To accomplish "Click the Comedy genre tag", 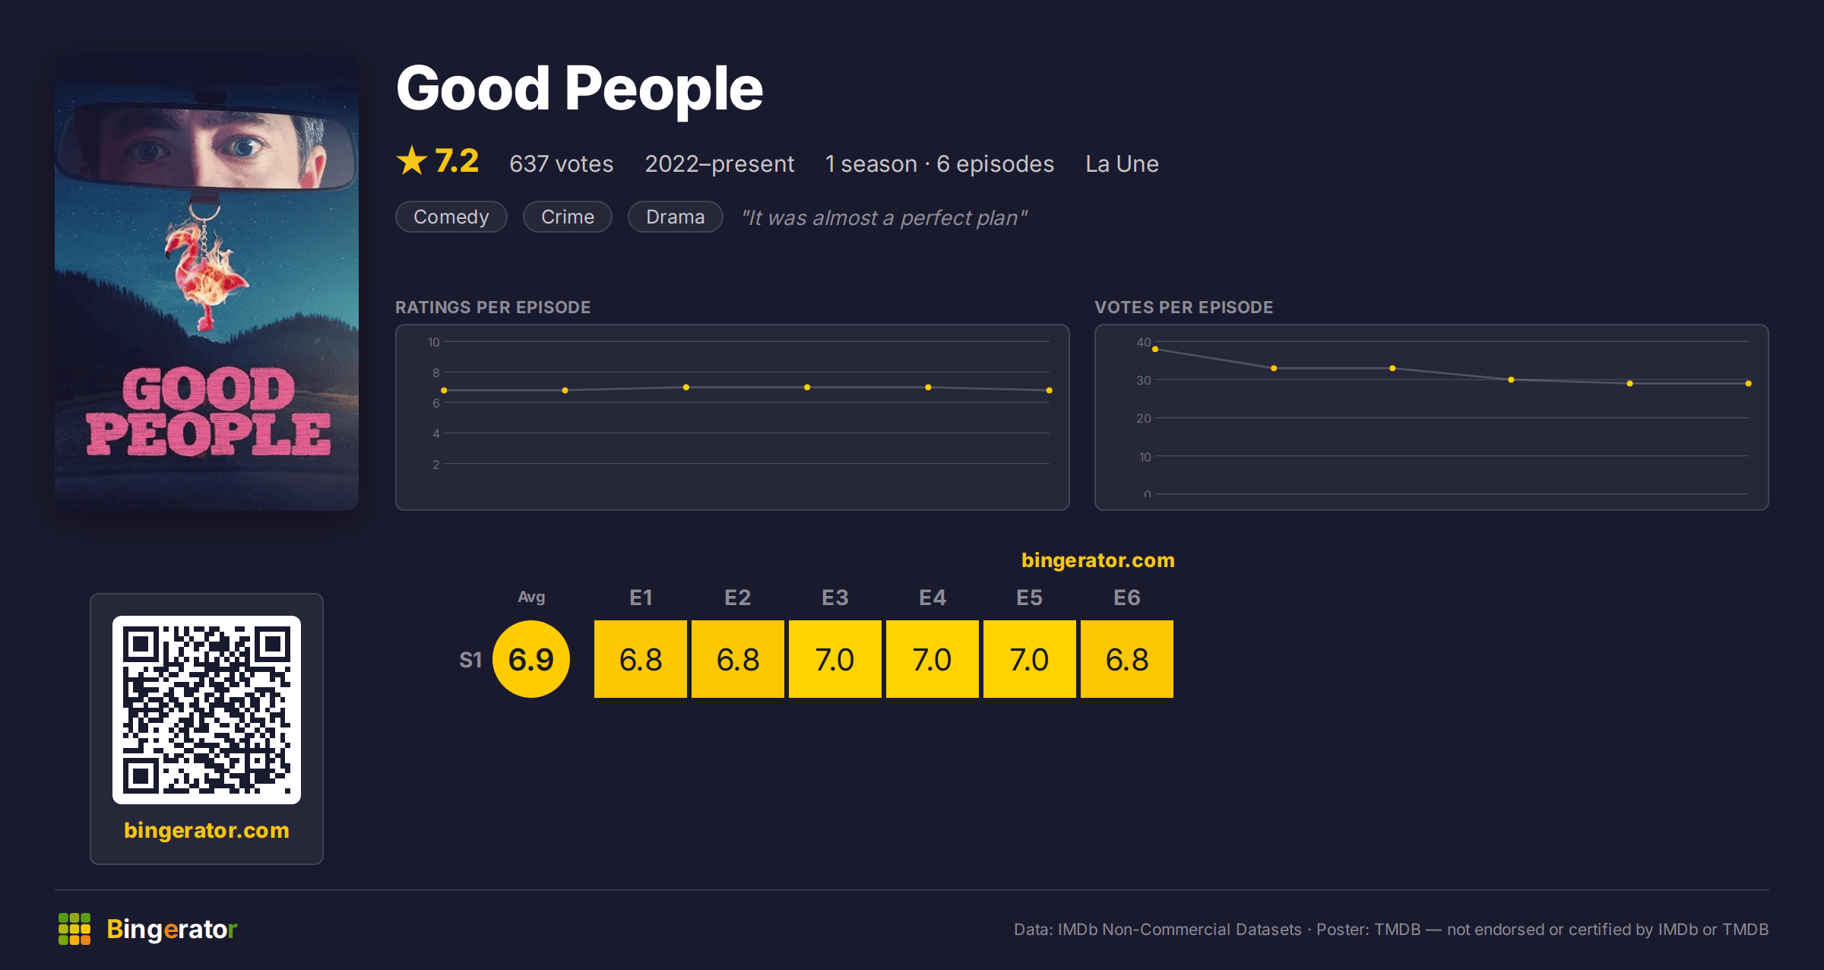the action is coord(451,217).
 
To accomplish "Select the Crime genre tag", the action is coord(568,217).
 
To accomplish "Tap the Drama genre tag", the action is coord(675,217).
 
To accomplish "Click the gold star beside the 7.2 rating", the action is coord(412,160).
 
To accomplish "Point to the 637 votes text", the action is coord(561,164).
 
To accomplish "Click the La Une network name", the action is coord(1122,164).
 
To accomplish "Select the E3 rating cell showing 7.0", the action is coord(835,659).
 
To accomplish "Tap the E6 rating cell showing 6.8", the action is coord(1127,659).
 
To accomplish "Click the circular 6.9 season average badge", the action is coord(531,659).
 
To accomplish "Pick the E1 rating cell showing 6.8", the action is coord(641,659).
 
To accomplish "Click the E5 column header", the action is coord(1030,598).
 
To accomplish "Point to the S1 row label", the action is coord(470,660).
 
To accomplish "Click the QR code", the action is coord(207,710).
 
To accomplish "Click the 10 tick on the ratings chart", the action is coord(434,342).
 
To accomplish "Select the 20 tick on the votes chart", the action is coord(1144,418).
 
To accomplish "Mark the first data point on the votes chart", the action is coord(1155,349).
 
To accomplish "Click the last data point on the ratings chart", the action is coord(1050,390).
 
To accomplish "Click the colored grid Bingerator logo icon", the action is coord(74,929).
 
